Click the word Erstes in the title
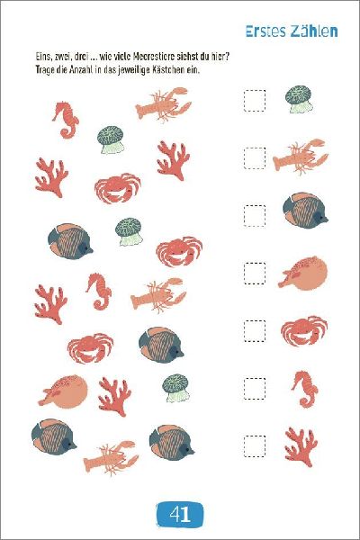tap(266, 31)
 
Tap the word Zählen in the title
tap(314, 31)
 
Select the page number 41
tap(180, 515)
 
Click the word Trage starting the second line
tap(46, 69)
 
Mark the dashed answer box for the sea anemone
tap(255, 101)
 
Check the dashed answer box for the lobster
tap(255, 158)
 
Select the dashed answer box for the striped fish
tap(255, 216)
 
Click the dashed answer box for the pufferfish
tap(255, 273)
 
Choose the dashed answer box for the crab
tap(255, 330)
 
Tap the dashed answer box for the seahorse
tap(255, 388)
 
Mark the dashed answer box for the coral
tap(255, 446)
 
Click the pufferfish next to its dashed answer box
tap(303, 273)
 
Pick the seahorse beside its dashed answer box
tap(304, 389)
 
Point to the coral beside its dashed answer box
tap(301, 447)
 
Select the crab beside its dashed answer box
tap(303, 330)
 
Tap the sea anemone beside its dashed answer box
tap(300, 99)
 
